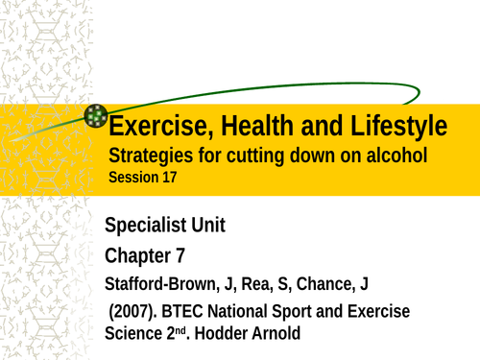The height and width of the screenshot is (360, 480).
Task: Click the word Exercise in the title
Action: [152, 126]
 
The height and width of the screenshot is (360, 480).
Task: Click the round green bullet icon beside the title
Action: [96, 117]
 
